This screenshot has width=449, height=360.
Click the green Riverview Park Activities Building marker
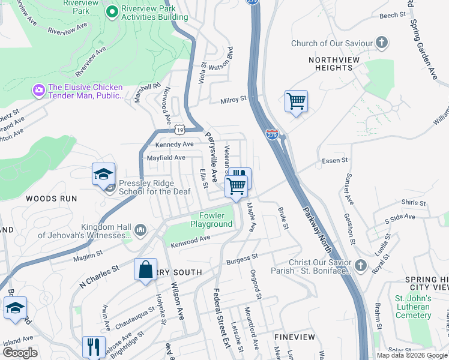(112, 11)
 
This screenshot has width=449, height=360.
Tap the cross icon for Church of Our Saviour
(381, 43)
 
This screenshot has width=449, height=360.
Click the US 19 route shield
(179, 129)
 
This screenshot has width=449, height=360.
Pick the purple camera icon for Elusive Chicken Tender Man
(39, 90)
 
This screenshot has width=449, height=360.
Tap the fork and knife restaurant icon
(94, 346)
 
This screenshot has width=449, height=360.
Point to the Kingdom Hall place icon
(140, 230)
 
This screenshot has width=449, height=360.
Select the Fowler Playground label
(211, 220)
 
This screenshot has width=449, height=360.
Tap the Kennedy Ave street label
(175, 145)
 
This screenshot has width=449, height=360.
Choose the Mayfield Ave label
(166, 158)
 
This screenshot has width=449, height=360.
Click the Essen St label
(335, 160)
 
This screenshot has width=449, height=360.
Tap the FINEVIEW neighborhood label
(291, 338)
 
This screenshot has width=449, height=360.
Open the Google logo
(20, 353)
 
